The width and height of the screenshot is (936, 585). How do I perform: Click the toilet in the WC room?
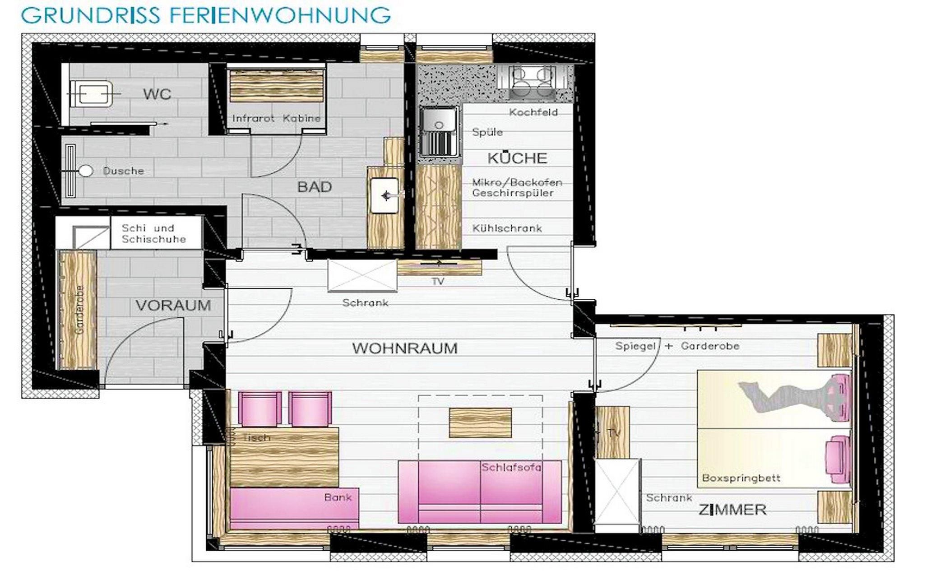click(x=92, y=93)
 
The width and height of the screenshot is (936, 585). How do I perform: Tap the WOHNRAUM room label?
click(x=405, y=348)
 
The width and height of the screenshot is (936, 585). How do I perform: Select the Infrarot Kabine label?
click(x=276, y=118)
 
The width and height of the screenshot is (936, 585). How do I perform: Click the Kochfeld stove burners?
click(x=532, y=82)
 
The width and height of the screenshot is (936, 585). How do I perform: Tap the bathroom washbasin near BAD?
click(x=385, y=195)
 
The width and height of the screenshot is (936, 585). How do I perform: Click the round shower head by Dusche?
click(x=86, y=171)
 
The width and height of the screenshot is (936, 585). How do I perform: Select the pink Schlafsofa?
click(x=480, y=492)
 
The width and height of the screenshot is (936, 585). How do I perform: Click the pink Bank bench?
click(x=294, y=508)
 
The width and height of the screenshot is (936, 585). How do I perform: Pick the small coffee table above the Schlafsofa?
click(x=480, y=422)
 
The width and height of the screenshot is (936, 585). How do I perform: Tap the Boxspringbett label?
click(x=741, y=478)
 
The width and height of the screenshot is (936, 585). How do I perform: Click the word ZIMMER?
click(x=732, y=510)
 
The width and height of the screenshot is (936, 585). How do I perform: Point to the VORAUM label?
click(x=173, y=306)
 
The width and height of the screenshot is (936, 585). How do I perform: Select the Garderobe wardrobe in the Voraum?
click(x=78, y=310)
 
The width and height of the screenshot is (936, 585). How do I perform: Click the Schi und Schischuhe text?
click(x=153, y=233)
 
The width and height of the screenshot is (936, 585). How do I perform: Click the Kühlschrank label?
click(x=507, y=228)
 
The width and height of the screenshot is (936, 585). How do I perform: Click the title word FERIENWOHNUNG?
click(x=280, y=15)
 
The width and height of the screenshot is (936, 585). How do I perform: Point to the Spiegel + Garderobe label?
click(x=677, y=346)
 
